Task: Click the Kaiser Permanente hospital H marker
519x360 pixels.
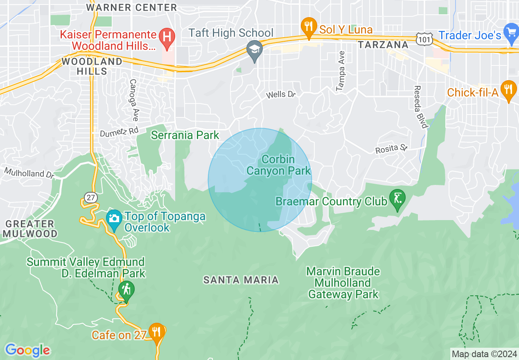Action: [x=167, y=36]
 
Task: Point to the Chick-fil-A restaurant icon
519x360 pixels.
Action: [x=509, y=89]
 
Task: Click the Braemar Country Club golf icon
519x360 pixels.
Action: [x=397, y=198]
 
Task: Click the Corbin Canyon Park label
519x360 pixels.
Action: [x=279, y=165]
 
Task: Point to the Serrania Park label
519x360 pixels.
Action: [x=185, y=135]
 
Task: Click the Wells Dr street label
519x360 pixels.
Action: [x=280, y=95]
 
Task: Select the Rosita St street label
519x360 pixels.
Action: [x=392, y=148]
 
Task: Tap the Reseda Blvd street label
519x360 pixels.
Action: [x=420, y=107]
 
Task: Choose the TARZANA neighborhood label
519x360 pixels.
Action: [x=383, y=45]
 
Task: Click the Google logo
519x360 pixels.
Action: [x=27, y=350]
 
